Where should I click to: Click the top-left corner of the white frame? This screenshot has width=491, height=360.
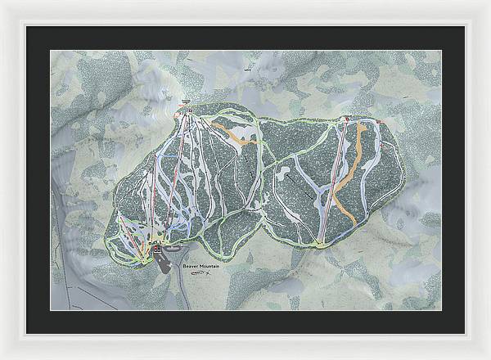click(x=2, y=2)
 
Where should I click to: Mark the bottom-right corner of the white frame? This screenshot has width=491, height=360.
click(x=489, y=358)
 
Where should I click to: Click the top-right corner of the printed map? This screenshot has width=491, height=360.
click(x=441, y=50)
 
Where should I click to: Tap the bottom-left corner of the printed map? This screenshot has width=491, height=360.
click(x=50, y=310)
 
